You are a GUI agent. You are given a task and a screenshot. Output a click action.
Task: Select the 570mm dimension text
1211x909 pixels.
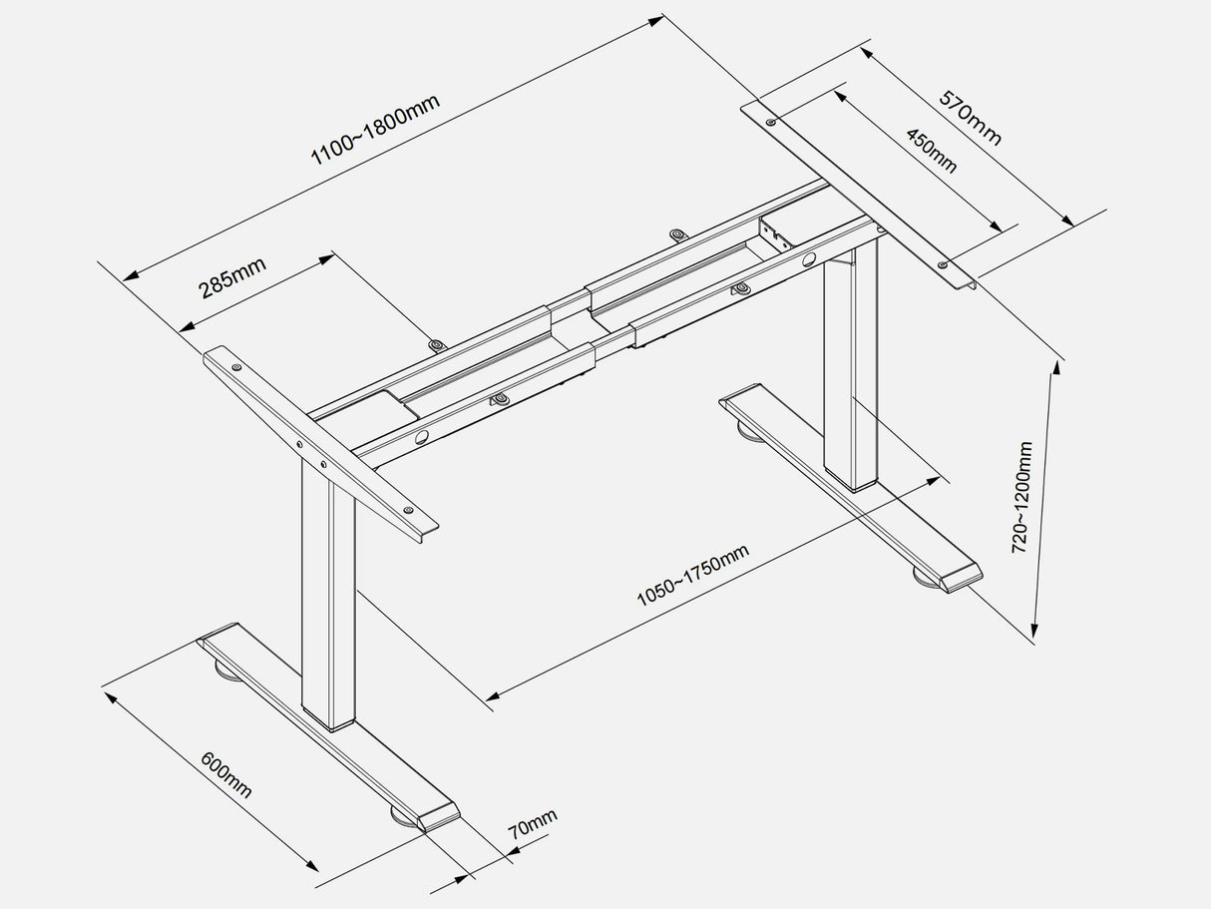970,118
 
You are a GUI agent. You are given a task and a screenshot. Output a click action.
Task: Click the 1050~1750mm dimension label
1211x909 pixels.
692,577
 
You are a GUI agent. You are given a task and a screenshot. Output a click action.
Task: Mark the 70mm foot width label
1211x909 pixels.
533,824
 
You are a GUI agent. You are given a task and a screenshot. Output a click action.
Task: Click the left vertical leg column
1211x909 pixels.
329,599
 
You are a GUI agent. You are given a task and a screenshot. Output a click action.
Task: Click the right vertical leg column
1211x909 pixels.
850,369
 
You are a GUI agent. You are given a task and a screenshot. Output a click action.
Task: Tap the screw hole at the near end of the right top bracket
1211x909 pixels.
943,264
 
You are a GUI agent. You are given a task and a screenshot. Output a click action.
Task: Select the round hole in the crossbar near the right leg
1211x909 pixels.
806,261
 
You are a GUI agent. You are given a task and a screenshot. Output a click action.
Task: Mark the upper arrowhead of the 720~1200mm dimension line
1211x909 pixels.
1053,366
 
